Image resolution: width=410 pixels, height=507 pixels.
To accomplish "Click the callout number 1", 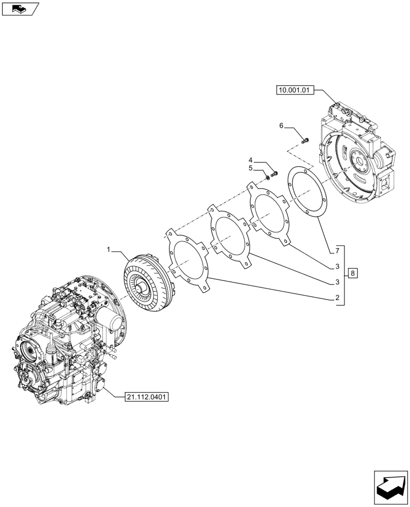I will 108,250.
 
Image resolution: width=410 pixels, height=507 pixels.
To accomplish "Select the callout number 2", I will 337,299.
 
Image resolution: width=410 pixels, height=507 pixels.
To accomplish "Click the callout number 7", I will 337,251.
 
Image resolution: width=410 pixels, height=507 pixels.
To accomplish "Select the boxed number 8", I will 353,274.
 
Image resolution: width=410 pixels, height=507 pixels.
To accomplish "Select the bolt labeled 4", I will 275,173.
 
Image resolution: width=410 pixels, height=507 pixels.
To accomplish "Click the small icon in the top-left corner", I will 20,9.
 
